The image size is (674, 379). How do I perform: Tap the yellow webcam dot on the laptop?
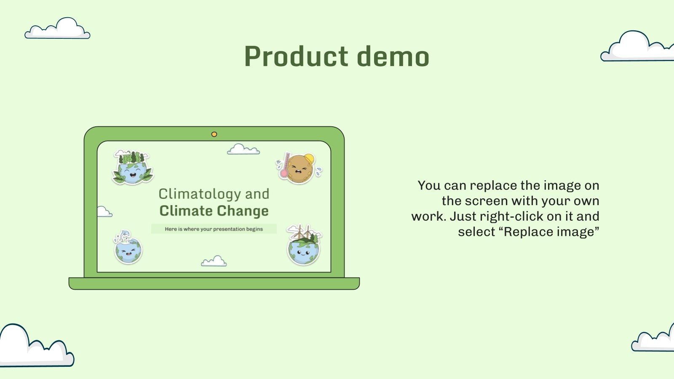214,134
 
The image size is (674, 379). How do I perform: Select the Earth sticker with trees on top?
132,168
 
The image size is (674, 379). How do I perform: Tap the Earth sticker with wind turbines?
304,246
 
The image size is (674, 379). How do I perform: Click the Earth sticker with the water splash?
128,248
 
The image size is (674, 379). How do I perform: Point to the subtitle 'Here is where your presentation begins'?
214,229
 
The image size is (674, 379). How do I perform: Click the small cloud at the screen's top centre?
243,149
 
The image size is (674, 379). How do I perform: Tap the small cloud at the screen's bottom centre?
214,262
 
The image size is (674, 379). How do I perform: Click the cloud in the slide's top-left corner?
58,29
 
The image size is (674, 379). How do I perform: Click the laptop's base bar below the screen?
214,283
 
